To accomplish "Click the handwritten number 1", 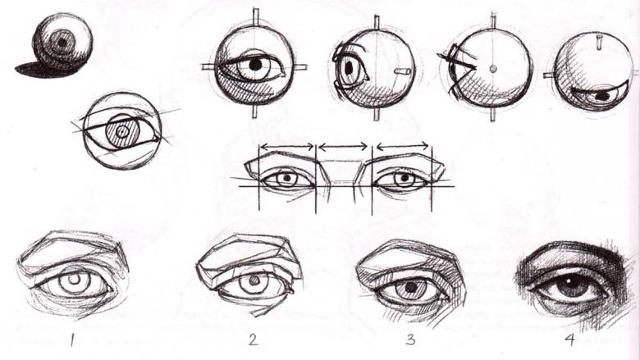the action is coord(72,340).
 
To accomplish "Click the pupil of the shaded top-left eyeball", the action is coord(62,42).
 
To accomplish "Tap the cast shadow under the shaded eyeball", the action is coord(46,70).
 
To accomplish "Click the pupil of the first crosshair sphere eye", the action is coord(255,65).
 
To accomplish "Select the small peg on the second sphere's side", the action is coord(402,71).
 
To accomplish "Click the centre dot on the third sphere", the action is coord(492,69).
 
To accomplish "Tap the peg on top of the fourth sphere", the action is coord(599,43).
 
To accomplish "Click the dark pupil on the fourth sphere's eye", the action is coord(603,96).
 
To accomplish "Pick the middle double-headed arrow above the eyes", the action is coord(343,145).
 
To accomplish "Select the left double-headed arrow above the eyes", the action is coord(287,145).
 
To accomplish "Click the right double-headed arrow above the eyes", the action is coord(403,145).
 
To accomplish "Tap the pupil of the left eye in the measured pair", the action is coord(287,178).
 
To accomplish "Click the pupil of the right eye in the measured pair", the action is coord(405,178).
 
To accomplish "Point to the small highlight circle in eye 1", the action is coord(75,280).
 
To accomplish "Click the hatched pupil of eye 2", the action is coord(254,281).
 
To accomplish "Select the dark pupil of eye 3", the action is coord(411,288).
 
